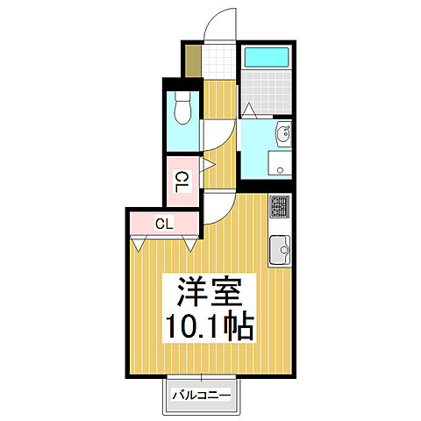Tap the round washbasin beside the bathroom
(283, 135)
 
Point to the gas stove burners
(280, 208)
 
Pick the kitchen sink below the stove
(280, 247)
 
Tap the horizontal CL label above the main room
(164, 224)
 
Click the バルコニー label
(201, 396)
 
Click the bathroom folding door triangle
(248, 110)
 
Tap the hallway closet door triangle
(209, 164)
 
